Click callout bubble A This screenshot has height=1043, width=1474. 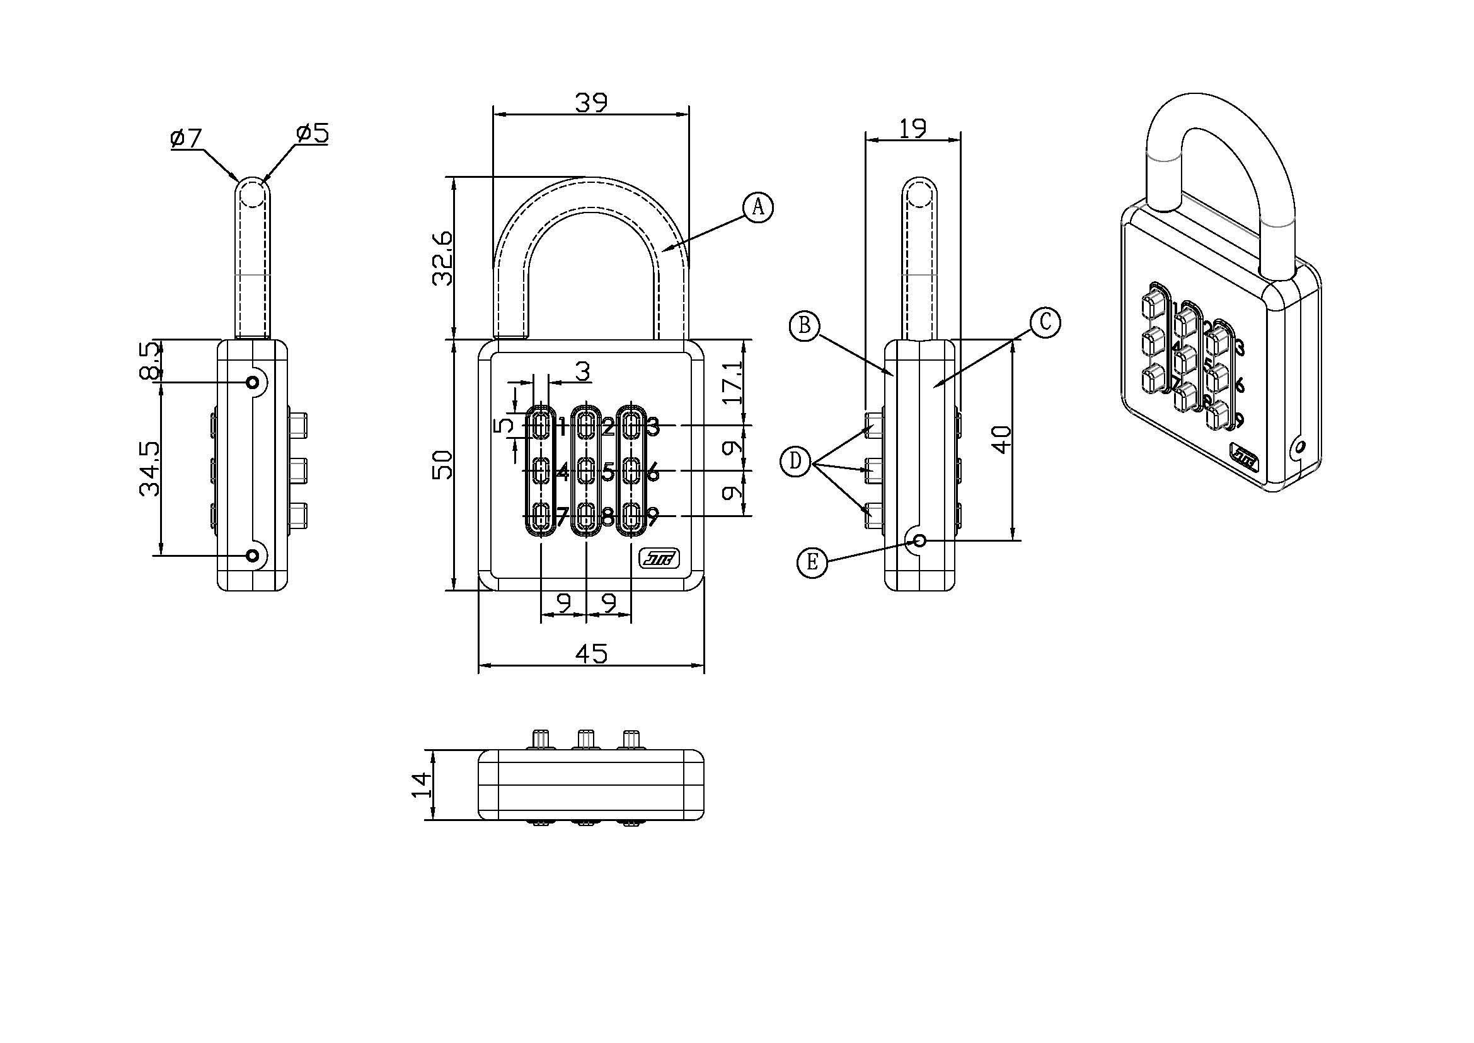758,207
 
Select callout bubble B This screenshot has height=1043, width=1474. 804,326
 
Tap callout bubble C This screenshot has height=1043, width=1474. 1044,322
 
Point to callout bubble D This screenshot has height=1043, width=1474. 797,462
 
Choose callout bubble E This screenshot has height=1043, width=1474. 812,562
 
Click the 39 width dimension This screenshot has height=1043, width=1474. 590,103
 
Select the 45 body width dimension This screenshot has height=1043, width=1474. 590,654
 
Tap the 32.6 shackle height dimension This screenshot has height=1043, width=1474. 442,257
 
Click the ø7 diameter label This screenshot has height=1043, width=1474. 186,137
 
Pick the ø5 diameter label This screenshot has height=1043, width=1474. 312,134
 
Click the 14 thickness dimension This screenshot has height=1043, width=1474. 420,784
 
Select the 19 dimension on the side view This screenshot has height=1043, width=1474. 913,129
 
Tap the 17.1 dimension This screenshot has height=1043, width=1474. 732,382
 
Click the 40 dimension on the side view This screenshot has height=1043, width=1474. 1002,440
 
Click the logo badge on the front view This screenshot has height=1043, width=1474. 659,559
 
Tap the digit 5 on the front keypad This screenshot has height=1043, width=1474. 608,473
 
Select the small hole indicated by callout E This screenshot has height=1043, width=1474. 919,541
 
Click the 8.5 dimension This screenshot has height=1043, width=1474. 149,360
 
